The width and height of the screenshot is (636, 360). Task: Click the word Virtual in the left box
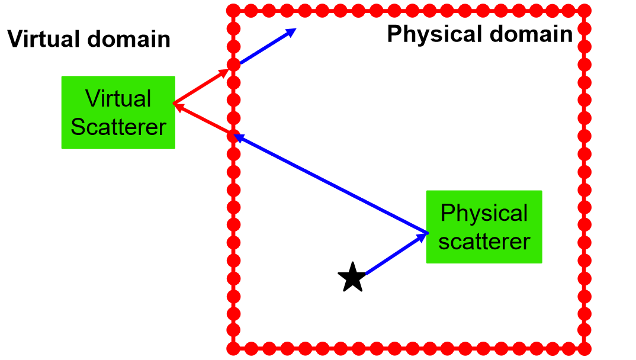[x=118, y=98]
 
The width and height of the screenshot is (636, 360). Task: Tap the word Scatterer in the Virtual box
[x=118, y=127]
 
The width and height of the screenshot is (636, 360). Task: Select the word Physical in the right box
[x=484, y=213]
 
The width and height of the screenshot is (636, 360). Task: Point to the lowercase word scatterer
[x=484, y=242]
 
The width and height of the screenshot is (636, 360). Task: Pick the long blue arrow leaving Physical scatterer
[x=332, y=184]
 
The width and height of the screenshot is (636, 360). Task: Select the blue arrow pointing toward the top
[x=266, y=46]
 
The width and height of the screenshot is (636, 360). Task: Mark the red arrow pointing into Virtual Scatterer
[x=204, y=120]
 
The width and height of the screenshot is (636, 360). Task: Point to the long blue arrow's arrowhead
[x=239, y=138]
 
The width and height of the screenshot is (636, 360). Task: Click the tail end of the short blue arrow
[x=367, y=273]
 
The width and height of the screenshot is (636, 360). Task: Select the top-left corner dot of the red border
[x=233, y=11]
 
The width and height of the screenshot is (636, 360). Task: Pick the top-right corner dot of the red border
[x=584, y=11]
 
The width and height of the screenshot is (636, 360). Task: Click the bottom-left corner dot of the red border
[x=233, y=348]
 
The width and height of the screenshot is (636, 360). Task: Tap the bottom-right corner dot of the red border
[x=584, y=348]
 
